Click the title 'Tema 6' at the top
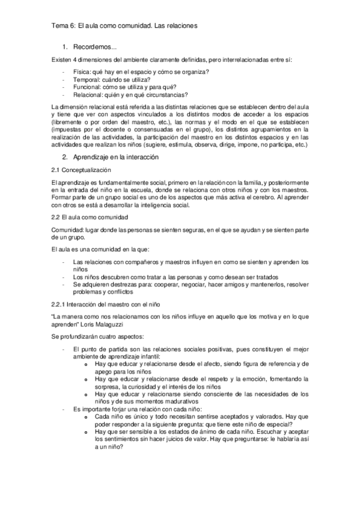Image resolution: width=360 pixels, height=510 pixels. pos(61,26)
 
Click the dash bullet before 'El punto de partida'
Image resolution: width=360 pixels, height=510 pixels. pos(64,349)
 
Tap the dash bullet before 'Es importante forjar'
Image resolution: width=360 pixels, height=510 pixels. pos(64,409)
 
